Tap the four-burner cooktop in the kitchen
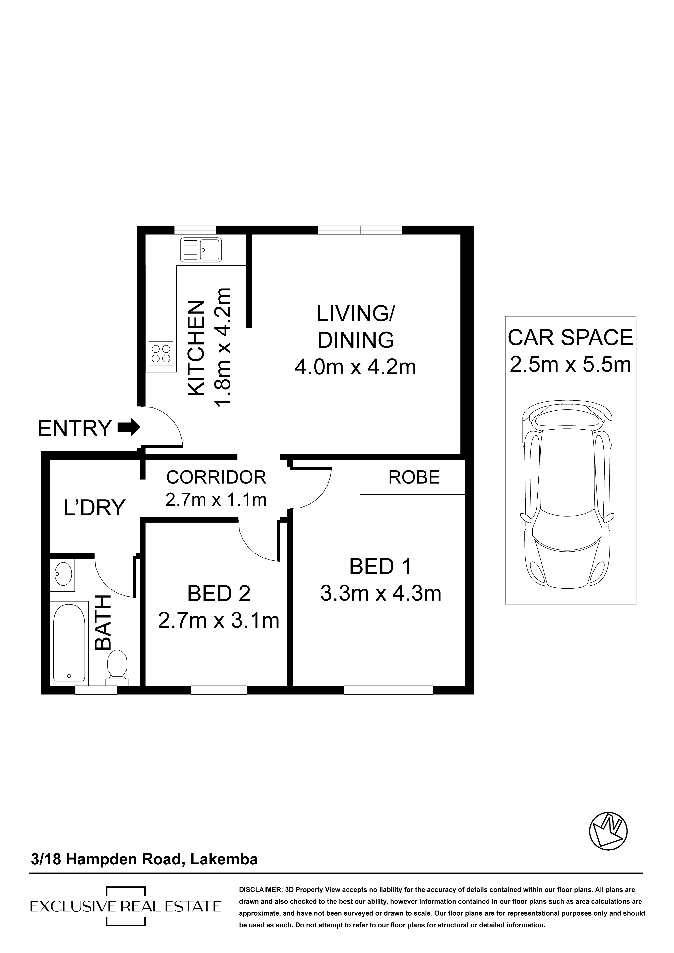161,353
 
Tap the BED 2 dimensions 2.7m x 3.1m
219,621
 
